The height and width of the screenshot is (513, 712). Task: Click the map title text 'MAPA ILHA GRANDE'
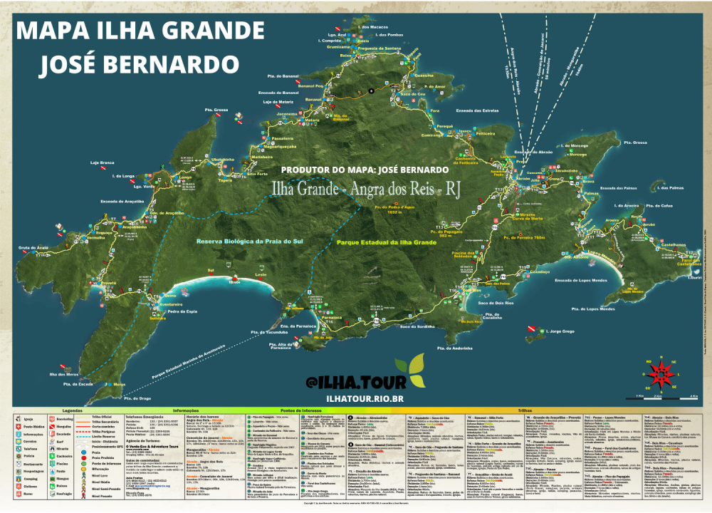coord(140,31)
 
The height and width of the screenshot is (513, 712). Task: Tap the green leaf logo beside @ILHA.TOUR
coord(407,371)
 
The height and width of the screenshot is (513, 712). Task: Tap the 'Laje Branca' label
coord(102,162)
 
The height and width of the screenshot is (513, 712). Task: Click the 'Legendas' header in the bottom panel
coord(73,411)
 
